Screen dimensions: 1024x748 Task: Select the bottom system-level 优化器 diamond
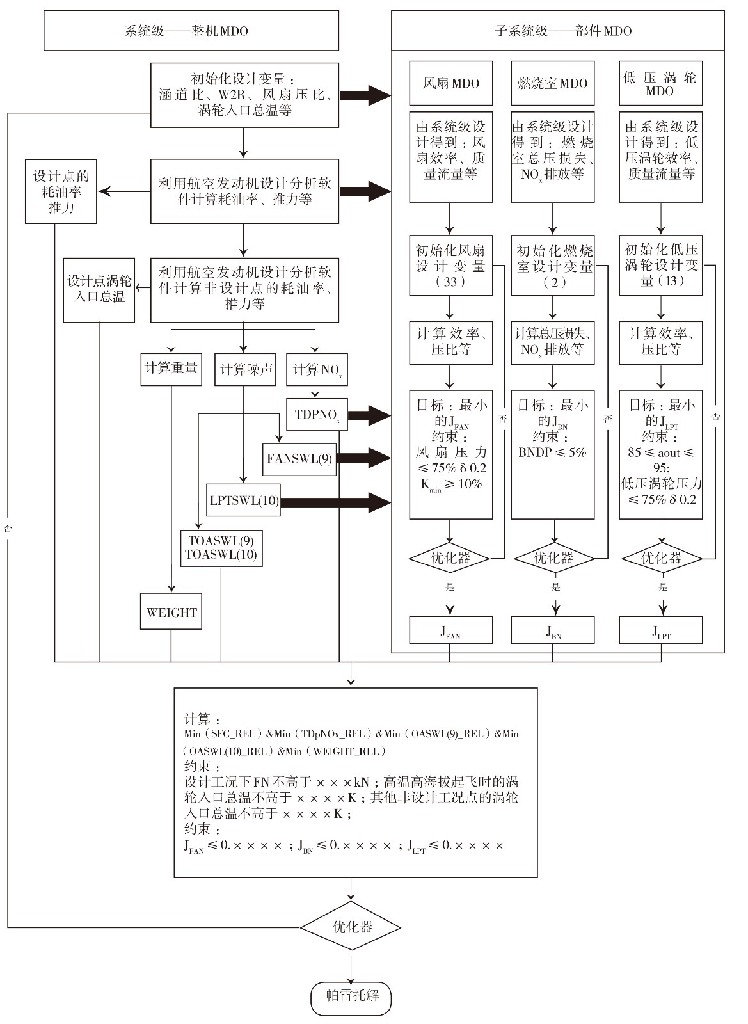coord(351,927)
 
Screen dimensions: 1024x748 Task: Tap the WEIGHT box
coord(171,611)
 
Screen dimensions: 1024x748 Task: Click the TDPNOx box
coord(317,414)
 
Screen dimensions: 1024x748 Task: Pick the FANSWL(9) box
coord(299,459)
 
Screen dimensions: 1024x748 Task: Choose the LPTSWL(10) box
coord(244,500)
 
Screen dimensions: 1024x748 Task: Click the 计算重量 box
coord(171,369)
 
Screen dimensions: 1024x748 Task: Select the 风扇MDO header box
coord(451,83)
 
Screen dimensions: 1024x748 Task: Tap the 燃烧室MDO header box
coord(553,83)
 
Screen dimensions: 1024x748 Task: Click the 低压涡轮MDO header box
coord(660,83)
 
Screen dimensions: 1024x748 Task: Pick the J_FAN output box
coord(451,630)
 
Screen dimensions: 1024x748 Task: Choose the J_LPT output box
coord(660,630)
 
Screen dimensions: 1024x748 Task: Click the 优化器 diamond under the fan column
coord(450,558)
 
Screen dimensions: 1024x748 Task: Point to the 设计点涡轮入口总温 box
coord(99,289)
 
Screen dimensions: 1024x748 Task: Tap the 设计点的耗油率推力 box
coord(61,191)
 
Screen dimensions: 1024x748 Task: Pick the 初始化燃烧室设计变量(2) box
coord(553,266)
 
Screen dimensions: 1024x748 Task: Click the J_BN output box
coord(553,630)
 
